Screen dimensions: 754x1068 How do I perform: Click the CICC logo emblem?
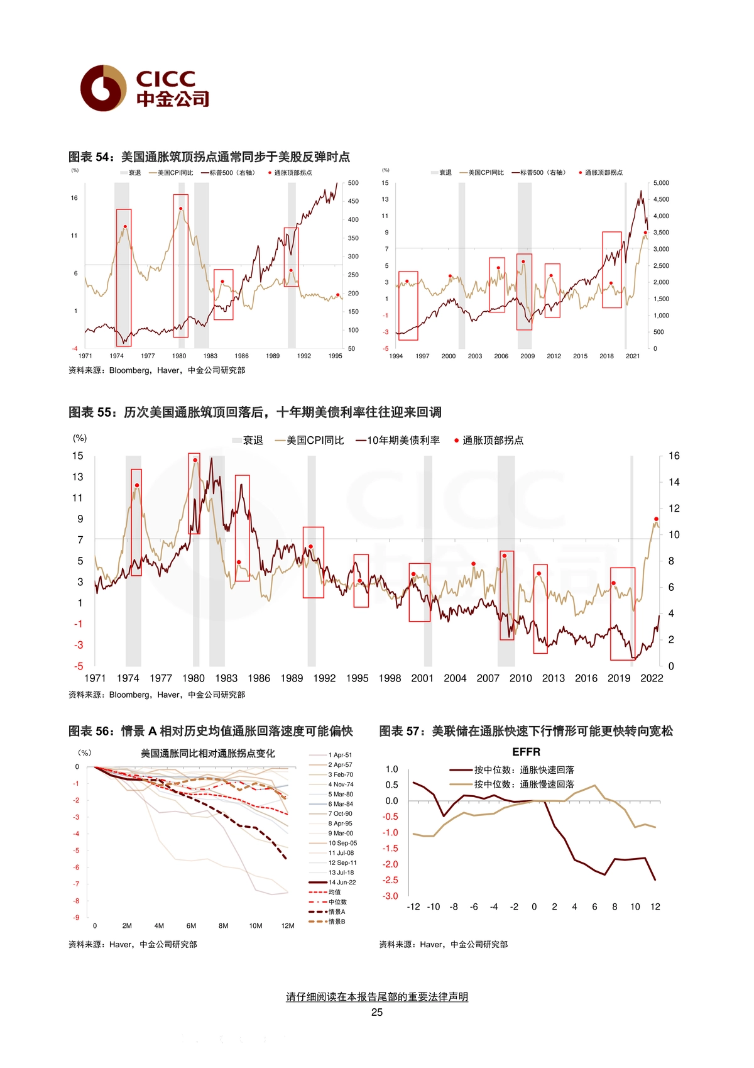[x=104, y=88]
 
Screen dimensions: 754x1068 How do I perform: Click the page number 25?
[x=377, y=1012]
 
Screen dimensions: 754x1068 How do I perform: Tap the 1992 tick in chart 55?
[x=325, y=678]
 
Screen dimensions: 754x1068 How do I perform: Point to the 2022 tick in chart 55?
[x=652, y=678]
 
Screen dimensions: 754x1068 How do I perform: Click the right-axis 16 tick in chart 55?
[x=674, y=456]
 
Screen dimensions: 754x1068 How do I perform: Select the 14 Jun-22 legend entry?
[x=332, y=882]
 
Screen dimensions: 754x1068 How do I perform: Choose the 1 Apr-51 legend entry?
[x=331, y=755]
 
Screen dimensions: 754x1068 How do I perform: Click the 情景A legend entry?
[x=327, y=911]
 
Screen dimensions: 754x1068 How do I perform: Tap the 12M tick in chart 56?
[x=288, y=925]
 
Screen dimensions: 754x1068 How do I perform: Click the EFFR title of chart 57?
[x=526, y=752]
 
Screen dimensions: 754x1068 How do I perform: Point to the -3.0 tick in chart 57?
[x=390, y=896]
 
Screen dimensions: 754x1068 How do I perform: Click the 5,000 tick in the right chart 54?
[x=661, y=183]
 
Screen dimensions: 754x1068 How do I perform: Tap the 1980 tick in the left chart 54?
[x=179, y=356]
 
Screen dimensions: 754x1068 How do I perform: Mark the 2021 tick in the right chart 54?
[x=633, y=356]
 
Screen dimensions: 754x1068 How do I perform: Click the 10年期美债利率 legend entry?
[x=398, y=441]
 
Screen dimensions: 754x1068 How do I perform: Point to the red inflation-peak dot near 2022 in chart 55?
[x=657, y=519]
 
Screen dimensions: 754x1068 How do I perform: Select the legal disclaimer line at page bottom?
[x=377, y=996]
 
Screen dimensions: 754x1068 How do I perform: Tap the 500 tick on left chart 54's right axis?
[x=353, y=183]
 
